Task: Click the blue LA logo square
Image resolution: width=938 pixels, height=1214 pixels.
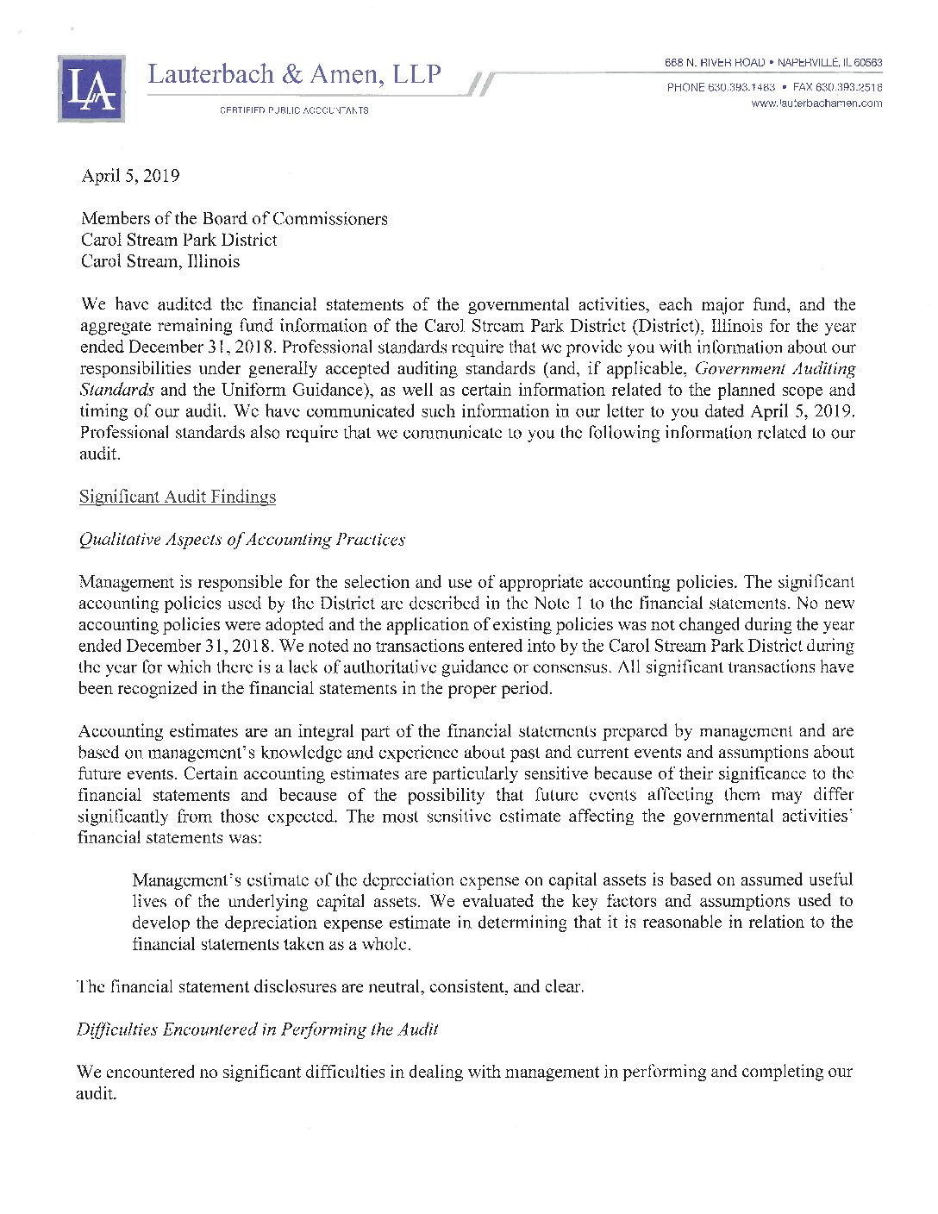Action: [x=91, y=88]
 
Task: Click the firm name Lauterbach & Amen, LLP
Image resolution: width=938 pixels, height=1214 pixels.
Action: [x=294, y=75]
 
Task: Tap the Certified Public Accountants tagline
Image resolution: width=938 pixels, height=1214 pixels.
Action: [x=294, y=110]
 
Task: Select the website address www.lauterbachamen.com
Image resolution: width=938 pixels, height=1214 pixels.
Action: [x=816, y=103]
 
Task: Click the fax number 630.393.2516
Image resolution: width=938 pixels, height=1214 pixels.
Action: [x=848, y=87]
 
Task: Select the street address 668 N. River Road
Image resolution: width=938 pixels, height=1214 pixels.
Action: [x=714, y=63]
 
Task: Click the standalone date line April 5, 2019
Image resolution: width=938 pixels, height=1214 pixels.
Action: [x=130, y=176]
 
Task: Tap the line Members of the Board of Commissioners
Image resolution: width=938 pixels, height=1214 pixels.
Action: [x=234, y=219]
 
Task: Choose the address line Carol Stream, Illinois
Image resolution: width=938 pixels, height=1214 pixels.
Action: [x=160, y=261]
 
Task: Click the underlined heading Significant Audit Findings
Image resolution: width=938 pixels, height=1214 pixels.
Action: [x=178, y=497]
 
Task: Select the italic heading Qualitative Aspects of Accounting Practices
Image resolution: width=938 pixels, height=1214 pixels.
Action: [x=241, y=540]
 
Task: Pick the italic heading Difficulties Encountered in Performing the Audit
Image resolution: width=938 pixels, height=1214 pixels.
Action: [x=257, y=1029]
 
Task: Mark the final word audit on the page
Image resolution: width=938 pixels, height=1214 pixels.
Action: [x=94, y=1094]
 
